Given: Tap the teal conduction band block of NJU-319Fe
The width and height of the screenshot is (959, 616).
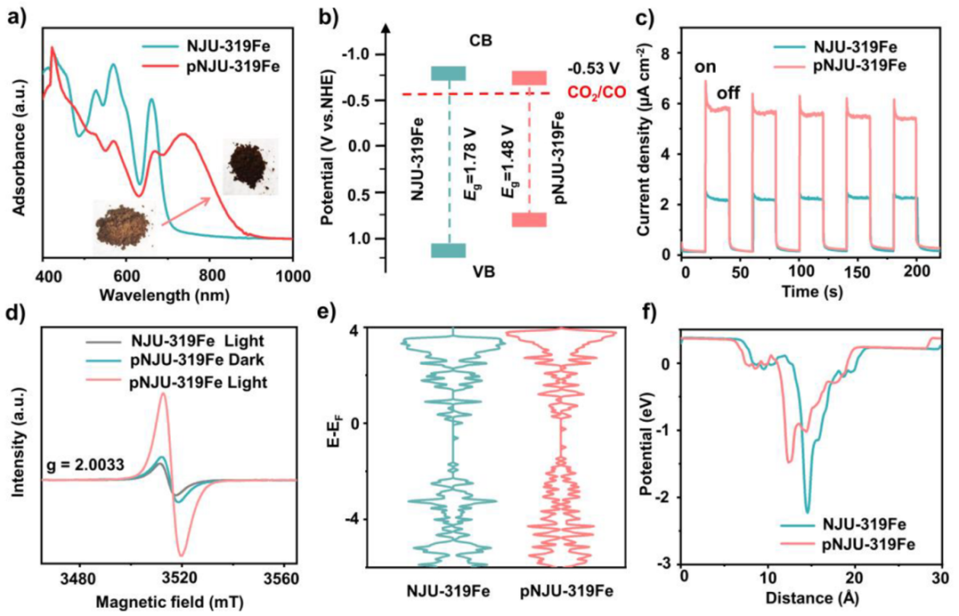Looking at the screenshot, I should (448, 74).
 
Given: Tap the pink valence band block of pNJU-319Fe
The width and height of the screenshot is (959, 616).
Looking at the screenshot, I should (529, 219).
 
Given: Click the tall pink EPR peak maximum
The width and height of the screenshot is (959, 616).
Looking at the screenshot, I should (162, 394).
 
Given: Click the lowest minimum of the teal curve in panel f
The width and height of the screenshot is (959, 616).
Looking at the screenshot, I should (807, 511).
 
